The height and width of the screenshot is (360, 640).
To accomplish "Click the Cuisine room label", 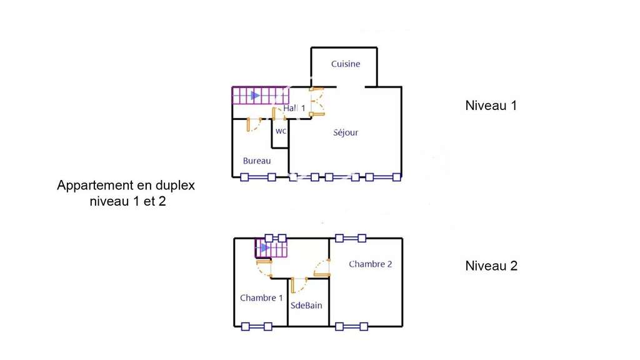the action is (345, 64).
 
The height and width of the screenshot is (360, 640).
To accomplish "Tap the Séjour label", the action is (345, 132).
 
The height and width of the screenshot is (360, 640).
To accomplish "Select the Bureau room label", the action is (257, 161).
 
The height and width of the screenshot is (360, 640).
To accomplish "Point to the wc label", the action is (281, 131).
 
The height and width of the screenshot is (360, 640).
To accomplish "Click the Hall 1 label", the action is (294, 108).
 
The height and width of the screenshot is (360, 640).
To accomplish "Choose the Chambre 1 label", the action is (261, 298).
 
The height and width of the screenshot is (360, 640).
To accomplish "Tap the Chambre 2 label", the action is (370, 264).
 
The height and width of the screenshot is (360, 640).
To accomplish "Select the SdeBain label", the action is (306, 305).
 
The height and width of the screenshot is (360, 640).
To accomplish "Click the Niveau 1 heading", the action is (491, 106).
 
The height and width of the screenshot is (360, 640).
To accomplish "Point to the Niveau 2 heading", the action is (491, 266).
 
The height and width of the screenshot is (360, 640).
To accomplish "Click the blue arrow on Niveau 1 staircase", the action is (255, 96).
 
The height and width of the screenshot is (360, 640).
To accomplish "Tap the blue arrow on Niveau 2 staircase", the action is (265, 247).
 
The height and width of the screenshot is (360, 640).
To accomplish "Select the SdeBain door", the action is (299, 285).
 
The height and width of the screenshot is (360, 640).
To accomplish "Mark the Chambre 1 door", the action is (264, 268).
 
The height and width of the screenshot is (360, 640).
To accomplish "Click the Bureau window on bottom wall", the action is (258, 177).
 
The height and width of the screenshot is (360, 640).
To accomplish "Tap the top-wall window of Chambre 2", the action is (351, 238).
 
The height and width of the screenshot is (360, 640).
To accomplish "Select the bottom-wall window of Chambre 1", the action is (257, 326).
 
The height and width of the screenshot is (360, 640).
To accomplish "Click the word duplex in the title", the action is (175, 186).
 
